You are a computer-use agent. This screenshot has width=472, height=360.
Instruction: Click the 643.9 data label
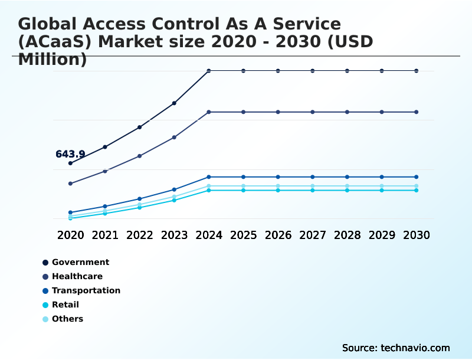point(70,154)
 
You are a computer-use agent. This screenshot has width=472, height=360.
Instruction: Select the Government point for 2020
point(70,163)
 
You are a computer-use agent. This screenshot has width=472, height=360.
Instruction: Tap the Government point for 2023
point(174,103)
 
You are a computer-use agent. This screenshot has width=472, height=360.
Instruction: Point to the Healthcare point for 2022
point(139,156)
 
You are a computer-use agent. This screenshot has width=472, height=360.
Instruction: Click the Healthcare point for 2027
point(313,112)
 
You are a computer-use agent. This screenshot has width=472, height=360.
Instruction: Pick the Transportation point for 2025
point(243,177)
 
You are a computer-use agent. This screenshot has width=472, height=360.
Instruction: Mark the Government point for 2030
point(417,71)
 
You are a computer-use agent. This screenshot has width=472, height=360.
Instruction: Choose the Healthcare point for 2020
point(70,184)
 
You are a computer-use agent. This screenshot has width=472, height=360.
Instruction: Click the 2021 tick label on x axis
point(105,235)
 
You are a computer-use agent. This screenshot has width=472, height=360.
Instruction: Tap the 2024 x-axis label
point(209,235)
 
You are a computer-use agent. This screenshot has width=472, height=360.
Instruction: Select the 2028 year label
point(348,235)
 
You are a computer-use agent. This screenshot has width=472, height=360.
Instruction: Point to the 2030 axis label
point(417,235)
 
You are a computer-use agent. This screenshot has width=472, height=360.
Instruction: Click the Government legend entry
point(80,262)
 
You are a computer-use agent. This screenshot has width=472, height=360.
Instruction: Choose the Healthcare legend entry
point(77,276)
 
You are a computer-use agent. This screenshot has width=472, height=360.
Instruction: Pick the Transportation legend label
point(86,290)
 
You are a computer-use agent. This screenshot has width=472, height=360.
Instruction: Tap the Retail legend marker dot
point(45,305)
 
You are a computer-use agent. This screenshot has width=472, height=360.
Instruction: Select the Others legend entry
point(67,319)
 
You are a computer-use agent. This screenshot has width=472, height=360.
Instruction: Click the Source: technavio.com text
point(396,348)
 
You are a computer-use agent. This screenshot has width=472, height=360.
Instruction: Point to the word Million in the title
point(53,60)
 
